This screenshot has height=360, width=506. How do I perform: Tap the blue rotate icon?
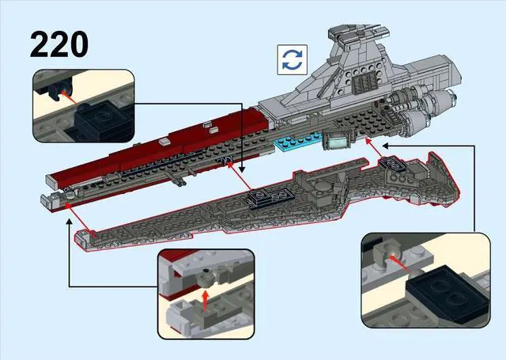[x=292, y=59]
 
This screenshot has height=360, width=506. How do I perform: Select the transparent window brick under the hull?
[x=336, y=142]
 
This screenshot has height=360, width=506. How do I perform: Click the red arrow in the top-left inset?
[x=70, y=101]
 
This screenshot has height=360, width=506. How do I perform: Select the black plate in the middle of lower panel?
[x=260, y=196]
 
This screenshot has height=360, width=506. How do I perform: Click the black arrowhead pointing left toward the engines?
[x=383, y=145]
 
